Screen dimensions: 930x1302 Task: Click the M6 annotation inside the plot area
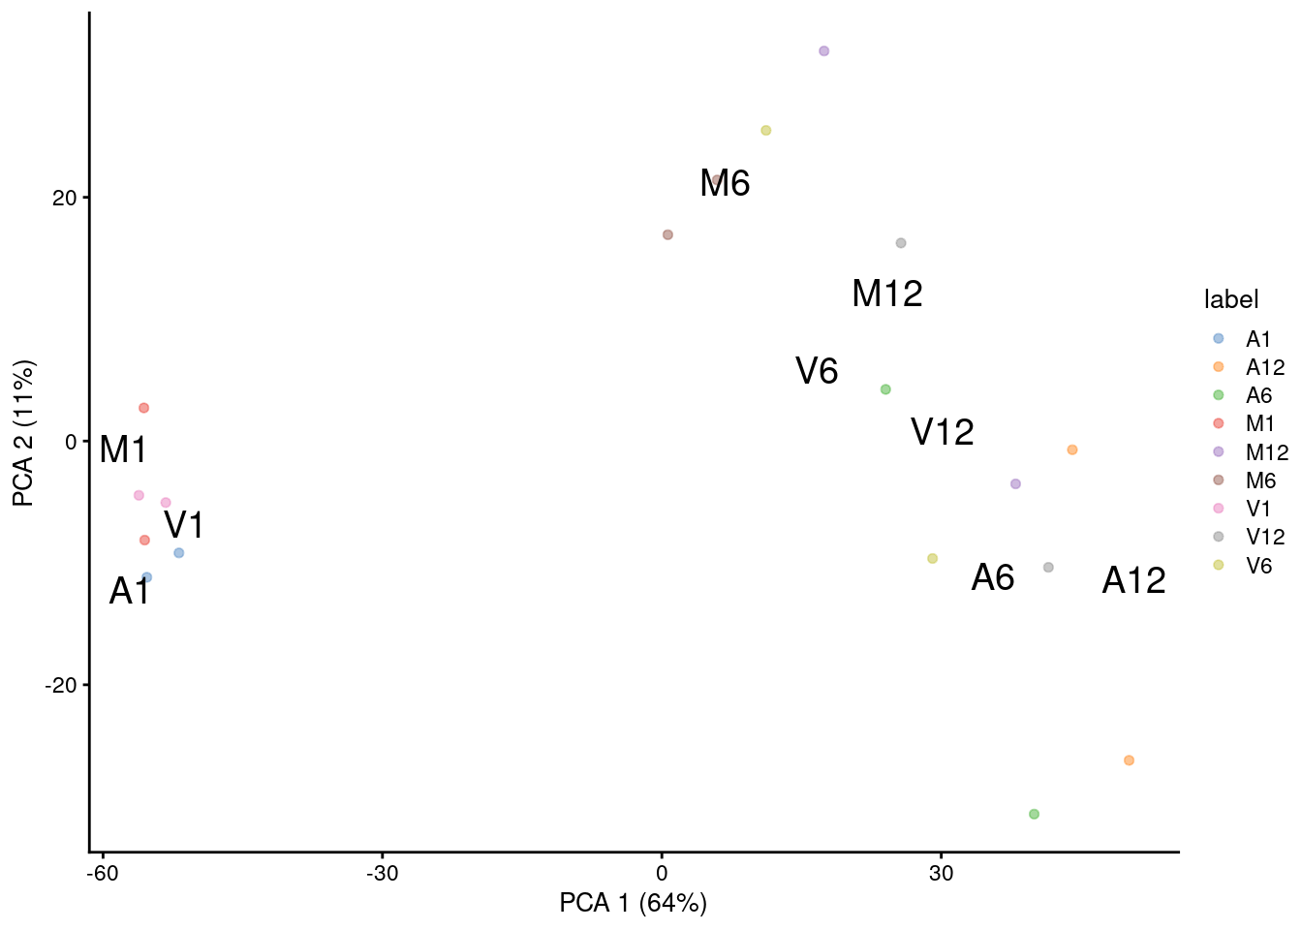[725, 183]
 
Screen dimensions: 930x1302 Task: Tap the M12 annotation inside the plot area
[886, 294]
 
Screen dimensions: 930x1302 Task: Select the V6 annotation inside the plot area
[817, 371]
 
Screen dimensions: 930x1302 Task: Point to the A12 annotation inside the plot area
[1133, 580]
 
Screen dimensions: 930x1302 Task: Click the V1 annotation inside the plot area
[183, 525]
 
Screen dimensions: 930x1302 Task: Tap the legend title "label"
[1231, 299]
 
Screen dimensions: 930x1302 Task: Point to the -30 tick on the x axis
[383, 873]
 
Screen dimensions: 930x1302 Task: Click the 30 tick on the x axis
[941, 873]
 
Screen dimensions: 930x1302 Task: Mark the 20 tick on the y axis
[64, 198]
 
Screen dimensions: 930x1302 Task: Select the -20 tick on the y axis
[60, 685]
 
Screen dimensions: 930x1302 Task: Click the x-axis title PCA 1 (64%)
[633, 903]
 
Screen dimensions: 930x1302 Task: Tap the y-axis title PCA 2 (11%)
[23, 433]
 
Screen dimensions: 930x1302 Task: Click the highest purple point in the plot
[823, 50]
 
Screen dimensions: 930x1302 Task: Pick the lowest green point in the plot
[1034, 814]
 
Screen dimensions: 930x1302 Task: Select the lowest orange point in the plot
[1129, 760]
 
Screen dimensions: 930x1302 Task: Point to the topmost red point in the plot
[143, 408]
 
